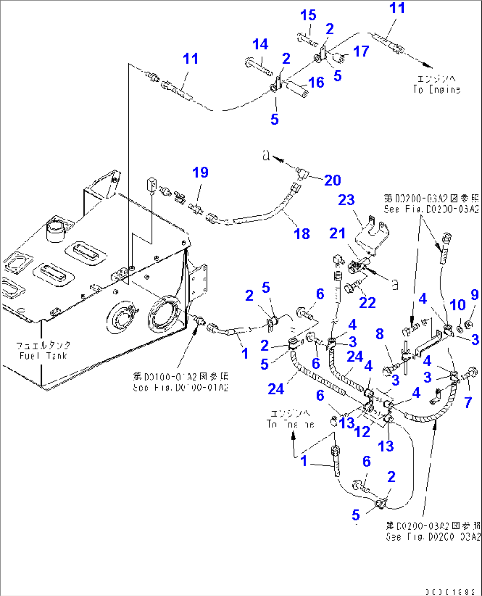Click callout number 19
pyautogui.click(x=200, y=172)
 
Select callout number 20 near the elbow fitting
pyautogui.click(x=333, y=180)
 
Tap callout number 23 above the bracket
pyautogui.click(x=346, y=200)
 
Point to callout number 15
pyautogui.click(x=308, y=15)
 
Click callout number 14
pyautogui.click(x=260, y=44)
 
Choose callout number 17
pyautogui.click(x=361, y=51)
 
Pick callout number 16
pyautogui.click(x=316, y=82)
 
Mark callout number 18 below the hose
pyautogui.click(x=302, y=234)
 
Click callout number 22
pyautogui.click(x=367, y=303)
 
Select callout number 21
pyautogui.click(x=337, y=233)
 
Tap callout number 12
pyautogui.click(x=362, y=432)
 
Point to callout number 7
pyautogui.click(x=468, y=402)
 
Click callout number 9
pyautogui.click(x=474, y=295)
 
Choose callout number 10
pyautogui.click(x=458, y=305)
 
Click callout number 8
pyautogui.click(x=379, y=334)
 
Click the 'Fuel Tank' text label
pyautogui.click(x=43, y=355)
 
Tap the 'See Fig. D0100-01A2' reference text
pyautogui.click(x=180, y=388)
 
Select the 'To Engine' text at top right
pyautogui.click(x=436, y=89)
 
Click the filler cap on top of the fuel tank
pyautogui.click(x=56, y=228)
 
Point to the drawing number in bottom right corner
pyautogui.click(x=450, y=592)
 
